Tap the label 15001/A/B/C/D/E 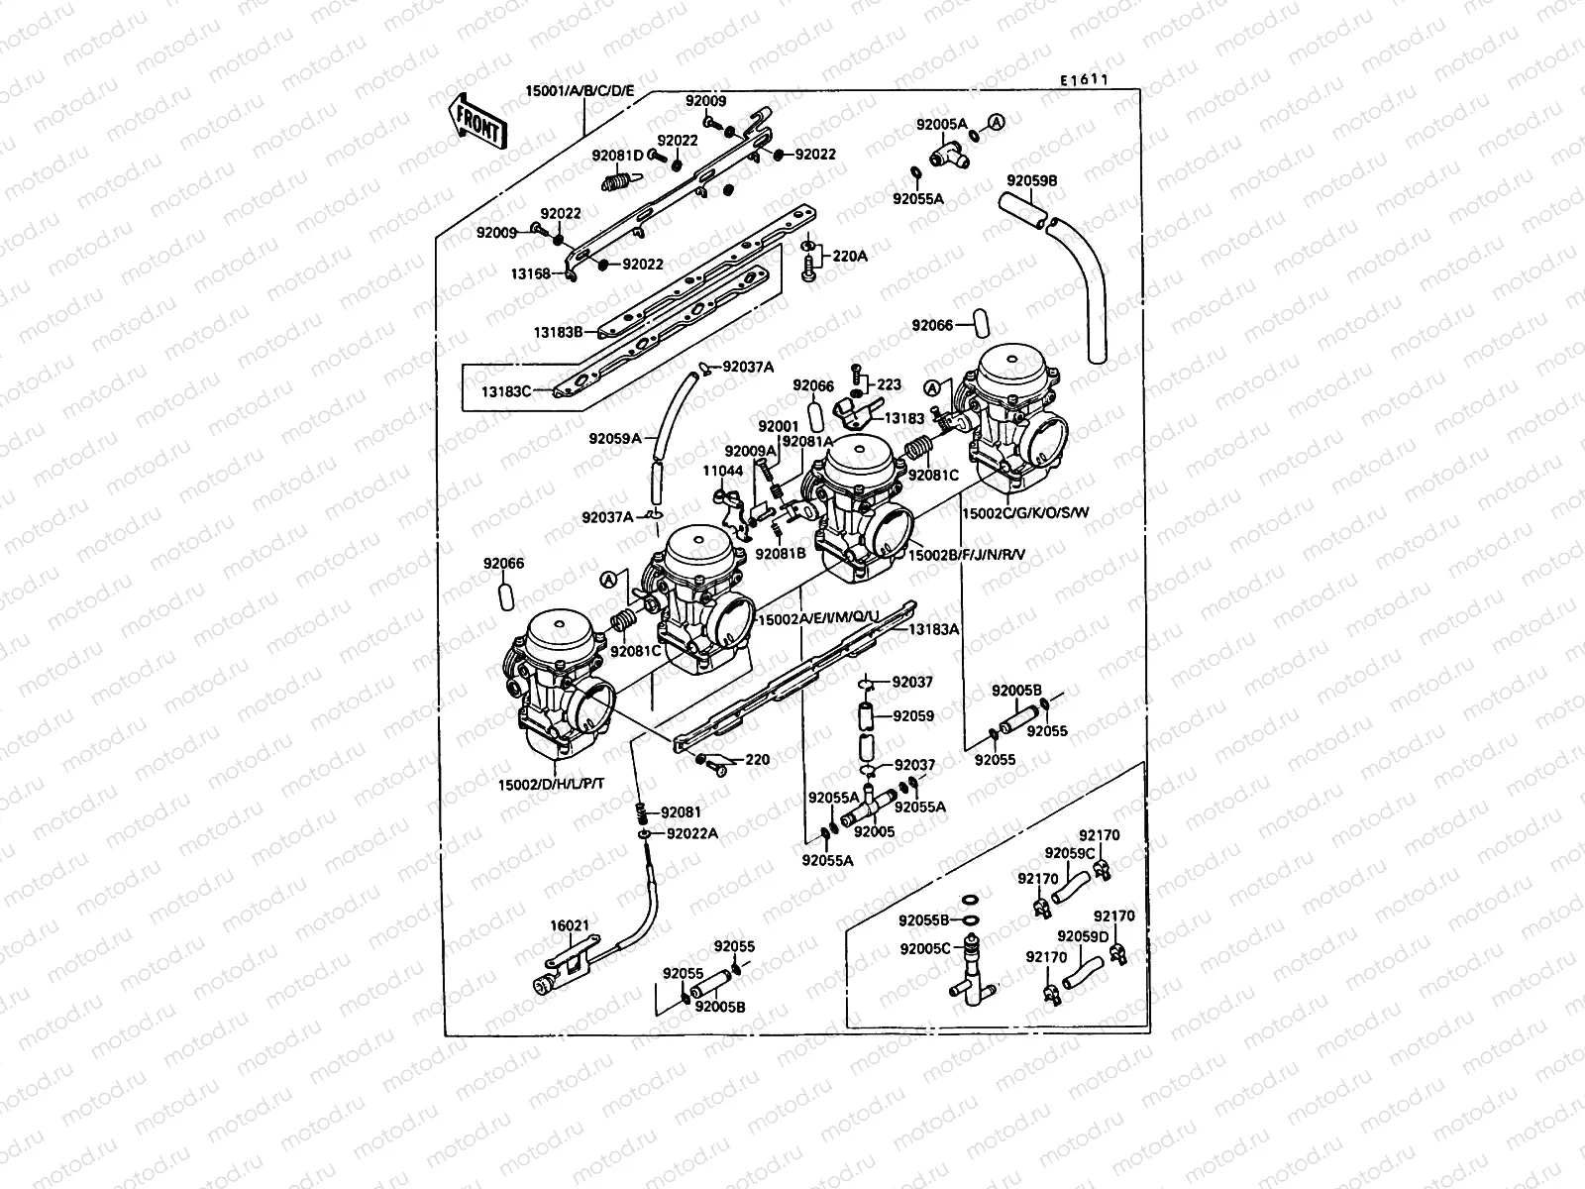tap(580, 95)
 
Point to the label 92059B tap(1031, 181)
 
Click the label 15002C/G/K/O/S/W tap(1025, 513)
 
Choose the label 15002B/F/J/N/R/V tap(967, 556)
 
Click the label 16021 tap(570, 925)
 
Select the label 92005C tap(924, 948)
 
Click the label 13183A tap(934, 629)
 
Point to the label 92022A tap(692, 833)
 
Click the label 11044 tap(723, 471)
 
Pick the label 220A tap(850, 256)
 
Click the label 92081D tap(618, 155)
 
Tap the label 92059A tap(615, 437)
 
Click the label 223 tap(890, 384)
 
